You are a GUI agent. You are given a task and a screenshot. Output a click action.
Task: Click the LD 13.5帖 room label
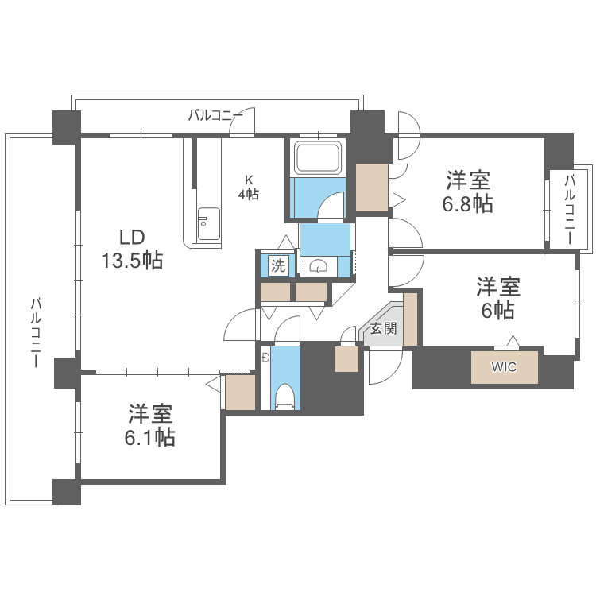(131, 249)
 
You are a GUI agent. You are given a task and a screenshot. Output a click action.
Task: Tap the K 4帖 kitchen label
(249, 188)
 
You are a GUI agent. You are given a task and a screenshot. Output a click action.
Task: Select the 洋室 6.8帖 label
(467, 192)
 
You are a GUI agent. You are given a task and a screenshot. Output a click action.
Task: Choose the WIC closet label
(503, 367)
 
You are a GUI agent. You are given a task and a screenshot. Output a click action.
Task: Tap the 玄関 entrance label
(384, 328)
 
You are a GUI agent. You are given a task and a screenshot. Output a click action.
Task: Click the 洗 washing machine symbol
(277, 265)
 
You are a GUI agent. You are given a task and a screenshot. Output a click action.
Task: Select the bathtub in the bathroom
(318, 157)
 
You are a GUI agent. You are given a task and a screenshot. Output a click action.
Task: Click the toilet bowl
(284, 395)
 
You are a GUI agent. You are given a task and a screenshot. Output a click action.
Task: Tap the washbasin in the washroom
(319, 266)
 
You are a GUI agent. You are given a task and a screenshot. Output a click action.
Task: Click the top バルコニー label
(215, 116)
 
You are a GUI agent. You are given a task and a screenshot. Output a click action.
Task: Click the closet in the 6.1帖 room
(240, 392)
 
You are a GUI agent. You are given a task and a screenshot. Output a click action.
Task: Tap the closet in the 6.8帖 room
(371, 188)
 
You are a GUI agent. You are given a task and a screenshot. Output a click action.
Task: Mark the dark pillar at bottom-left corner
(67, 492)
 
